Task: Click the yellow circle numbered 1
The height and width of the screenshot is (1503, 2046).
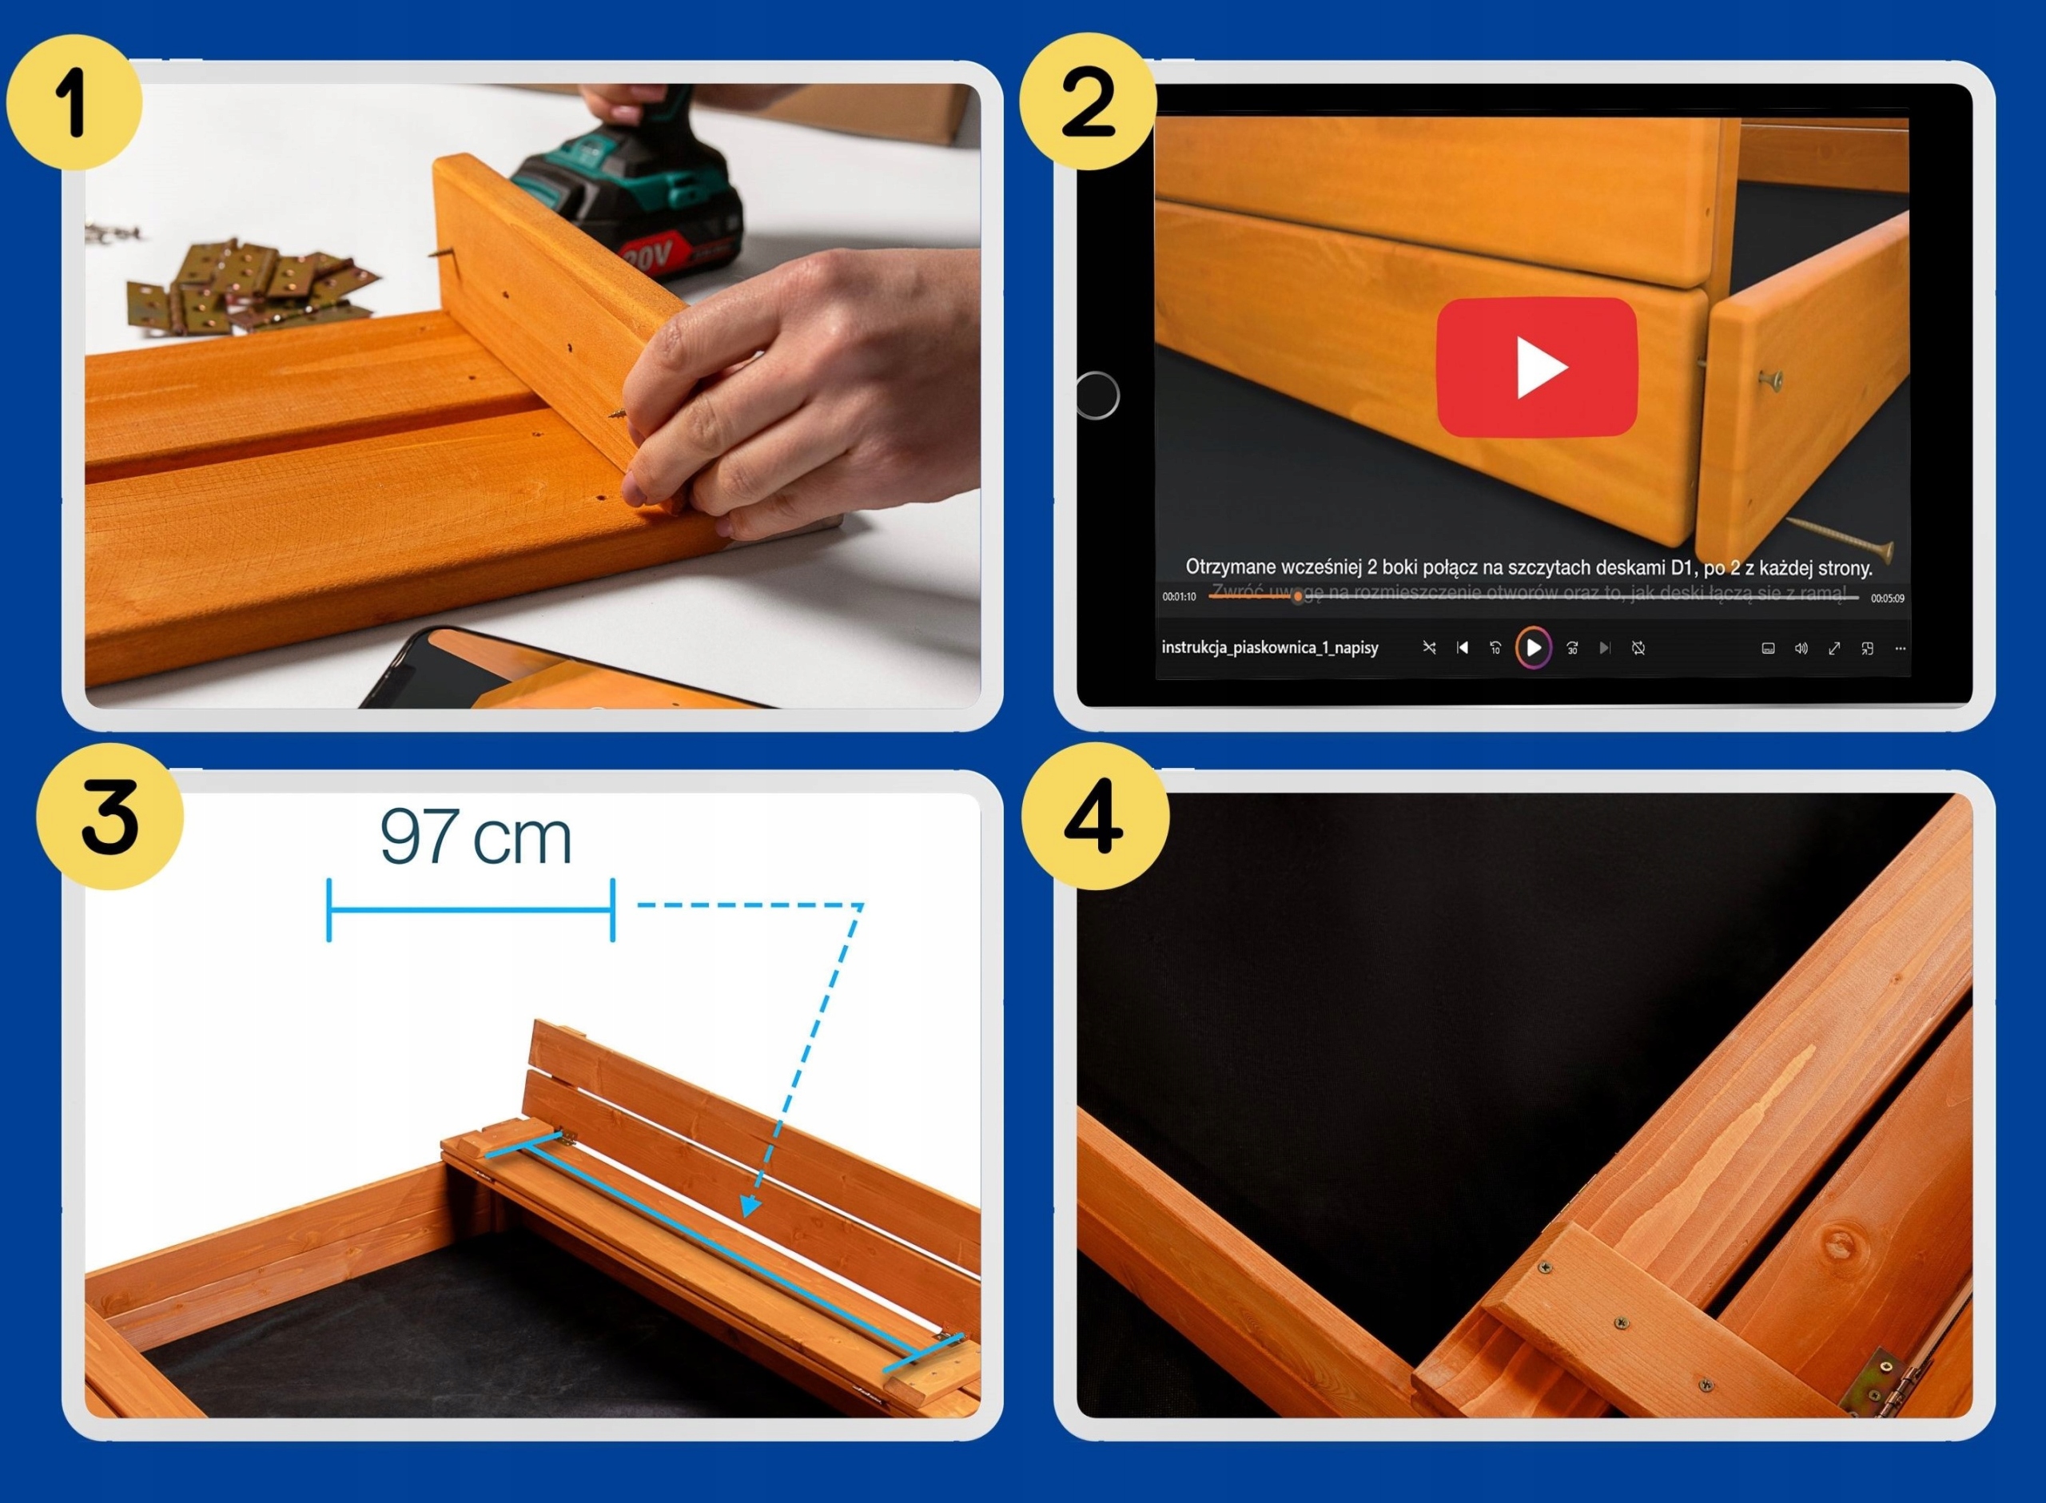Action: click(74, 102)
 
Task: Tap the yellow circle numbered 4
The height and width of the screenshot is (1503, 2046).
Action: click(1094, 816)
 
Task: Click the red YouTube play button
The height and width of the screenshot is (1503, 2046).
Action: click(1537, 367)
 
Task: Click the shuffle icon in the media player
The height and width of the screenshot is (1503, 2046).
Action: click(1429, 648)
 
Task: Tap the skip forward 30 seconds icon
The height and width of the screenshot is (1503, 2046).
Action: click(1572, 648)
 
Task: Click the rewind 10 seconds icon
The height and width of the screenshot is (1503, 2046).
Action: click(1495, 648)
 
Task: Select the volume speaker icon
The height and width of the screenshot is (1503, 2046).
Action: click(1801, 648)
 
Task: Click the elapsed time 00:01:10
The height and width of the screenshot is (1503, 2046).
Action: click(1179, 597)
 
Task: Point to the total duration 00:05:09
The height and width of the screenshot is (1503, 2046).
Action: click(1887, 598)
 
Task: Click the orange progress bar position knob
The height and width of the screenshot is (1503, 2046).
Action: click(1297, 597)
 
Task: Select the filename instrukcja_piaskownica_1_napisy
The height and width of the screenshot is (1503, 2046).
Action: click(1269, 648)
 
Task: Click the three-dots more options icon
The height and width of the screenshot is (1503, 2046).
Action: click(1900, 648)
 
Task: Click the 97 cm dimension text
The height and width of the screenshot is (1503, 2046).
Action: click(475, 837)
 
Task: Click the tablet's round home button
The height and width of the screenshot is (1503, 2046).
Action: click(1097, 395)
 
